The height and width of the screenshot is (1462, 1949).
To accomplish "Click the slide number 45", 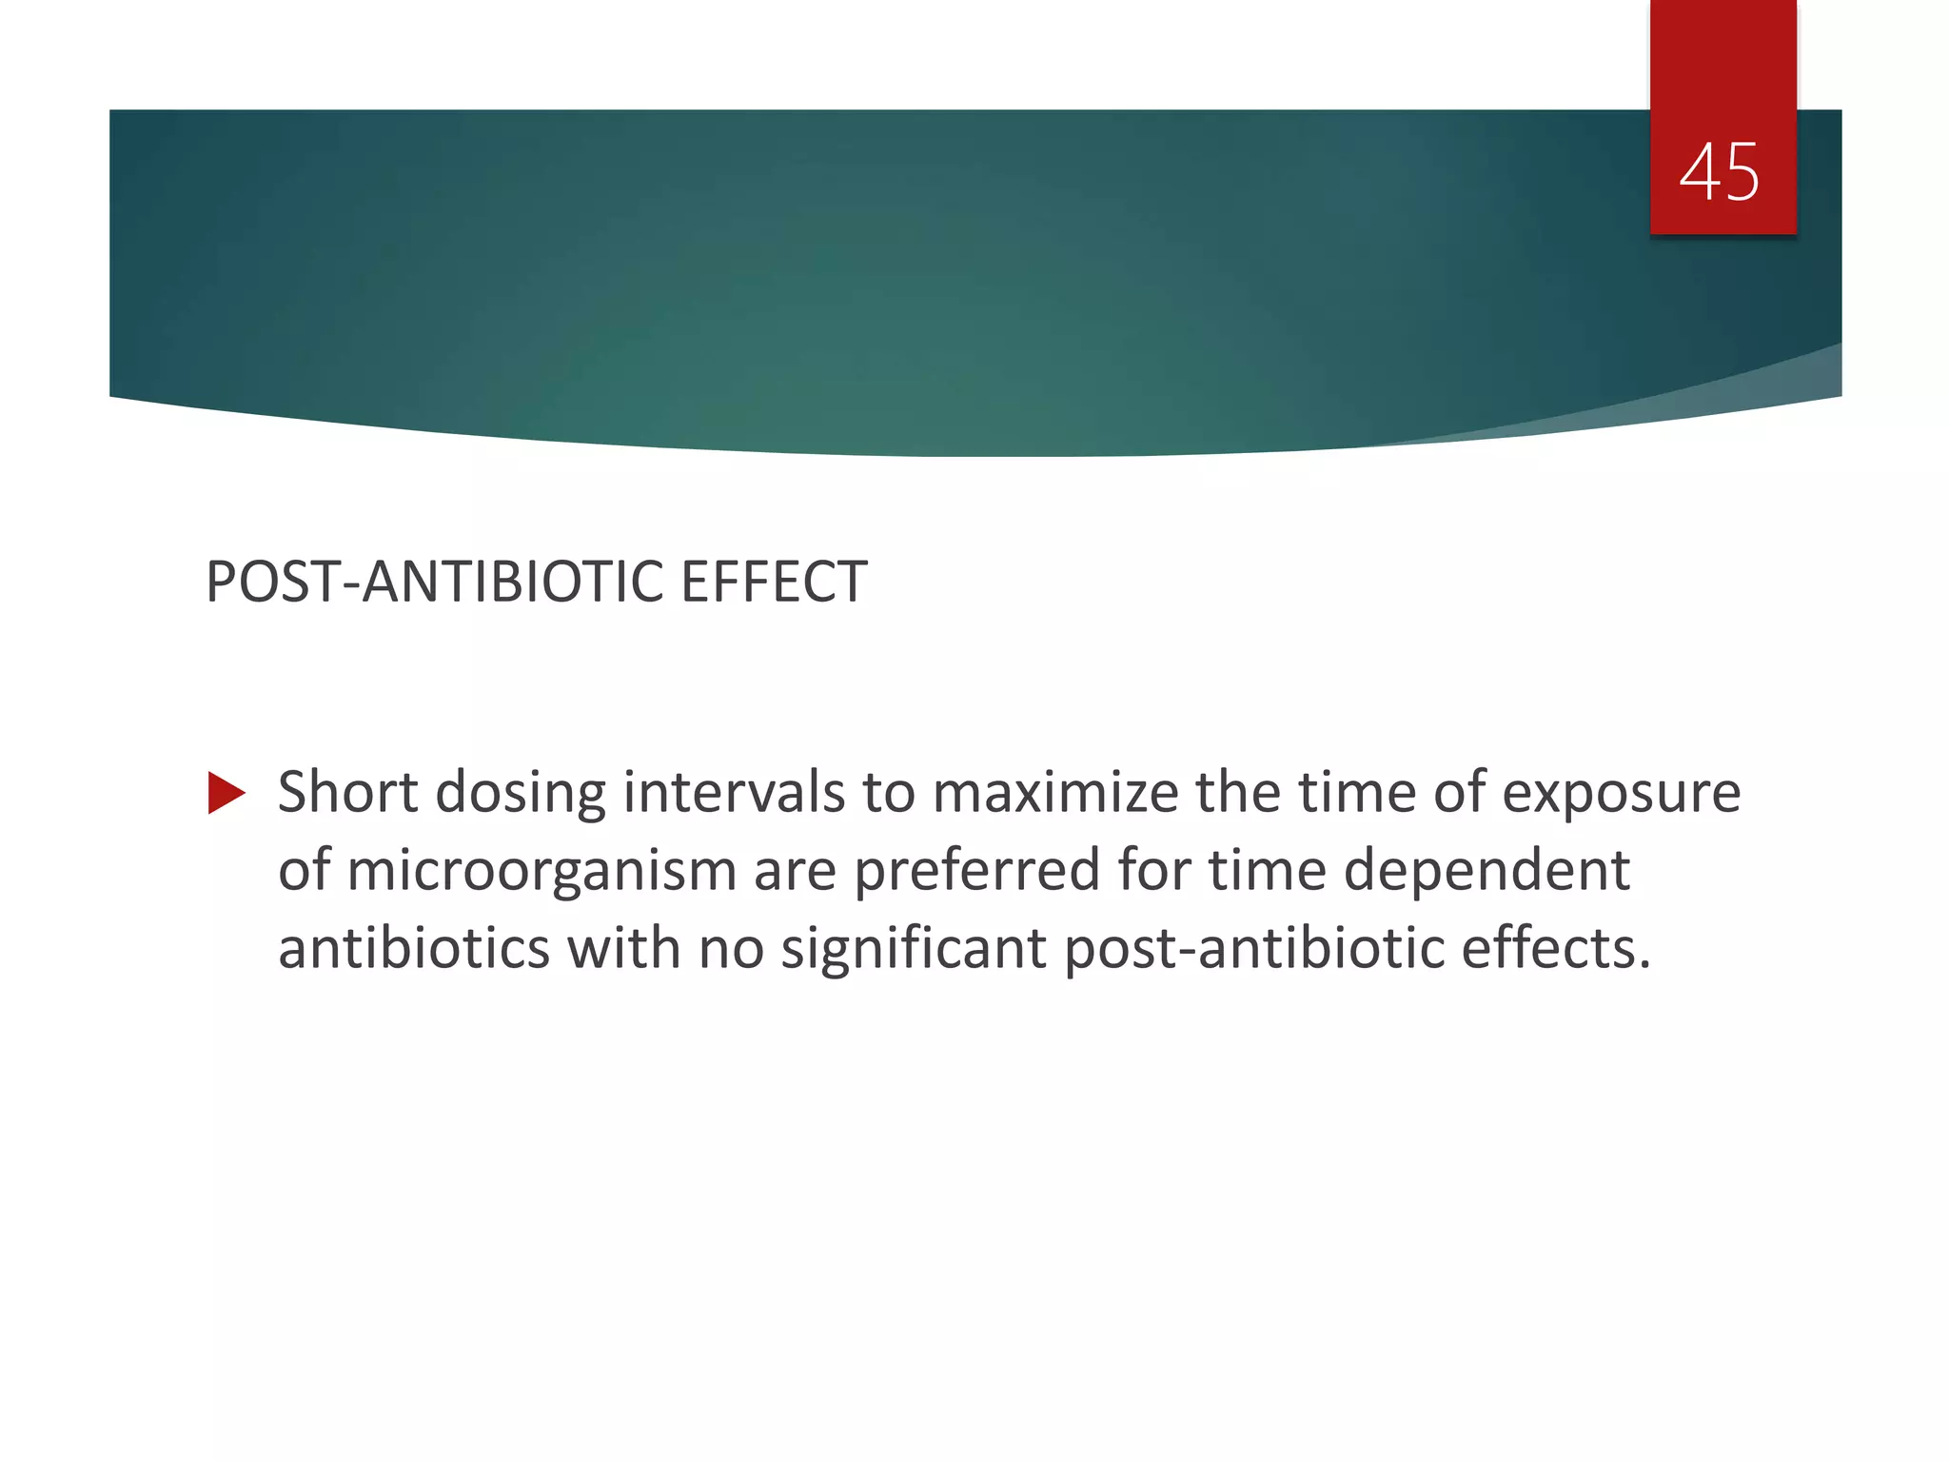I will coord(1720,172).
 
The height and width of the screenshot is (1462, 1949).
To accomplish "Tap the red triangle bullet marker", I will coord(226,793).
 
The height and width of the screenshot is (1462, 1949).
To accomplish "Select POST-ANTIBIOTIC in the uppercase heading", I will coord(434,582).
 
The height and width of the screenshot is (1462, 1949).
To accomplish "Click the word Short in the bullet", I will coord(347,792).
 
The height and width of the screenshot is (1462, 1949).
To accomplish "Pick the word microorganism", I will coord(541,872).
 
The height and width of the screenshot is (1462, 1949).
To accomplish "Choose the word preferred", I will coord(976,872).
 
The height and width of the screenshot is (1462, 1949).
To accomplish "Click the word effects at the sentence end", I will coord(1555,949).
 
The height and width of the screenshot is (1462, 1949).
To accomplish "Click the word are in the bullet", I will coord(795,872).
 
